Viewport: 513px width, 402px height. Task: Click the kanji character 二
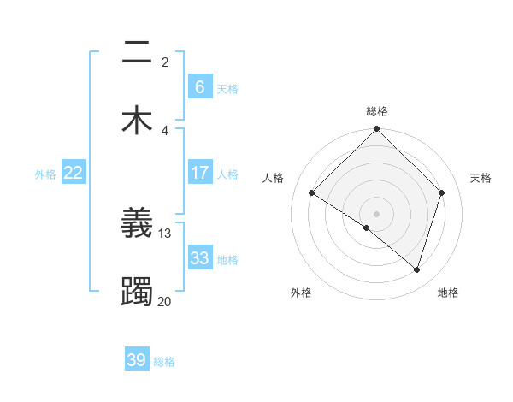pyautogui.click(x=137, y=53)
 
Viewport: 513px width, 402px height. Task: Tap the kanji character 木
pyautogui.click(x=137, y=120)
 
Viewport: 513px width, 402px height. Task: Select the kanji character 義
pyautogui.click(x=137, y=224)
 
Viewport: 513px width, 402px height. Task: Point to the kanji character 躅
pyautogui.click(x=137, y=292)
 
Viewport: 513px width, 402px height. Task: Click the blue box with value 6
pyautogui.click(x=199, y=86)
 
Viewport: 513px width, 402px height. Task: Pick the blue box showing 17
pyautogui.click(x=199, y=173)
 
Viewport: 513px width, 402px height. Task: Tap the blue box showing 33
pyautogui.click(x=199, y=258)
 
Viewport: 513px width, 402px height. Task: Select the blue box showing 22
pyautogui.click(x=74, y=173)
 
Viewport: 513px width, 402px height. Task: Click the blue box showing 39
pyautogui.click(x=136, y=360)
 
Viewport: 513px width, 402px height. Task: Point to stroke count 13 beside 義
pyautogui.click(x=165, y=233)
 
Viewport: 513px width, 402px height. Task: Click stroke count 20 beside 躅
pyautogui.click(x=165, y=301)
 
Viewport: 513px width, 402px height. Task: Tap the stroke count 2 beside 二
pyautogui.click(x=165, y=62)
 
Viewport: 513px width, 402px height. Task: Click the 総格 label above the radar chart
pyautogui.click(x=377, y=111)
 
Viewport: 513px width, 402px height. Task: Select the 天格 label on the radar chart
pyautogui.click(x=481, y=178)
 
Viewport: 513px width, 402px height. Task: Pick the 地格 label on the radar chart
pyautogui.click(x=448, y=293)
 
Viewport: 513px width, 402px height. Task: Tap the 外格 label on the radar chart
pyautogui.click(x=301, y=293)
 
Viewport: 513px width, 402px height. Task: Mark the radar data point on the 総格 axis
pyautogui.click(x=377, y=130)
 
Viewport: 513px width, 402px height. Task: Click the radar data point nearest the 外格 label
pyautogui.click(x=367, y=228)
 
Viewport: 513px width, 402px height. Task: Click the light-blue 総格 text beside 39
pyautogui.click(x=165, y=362)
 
